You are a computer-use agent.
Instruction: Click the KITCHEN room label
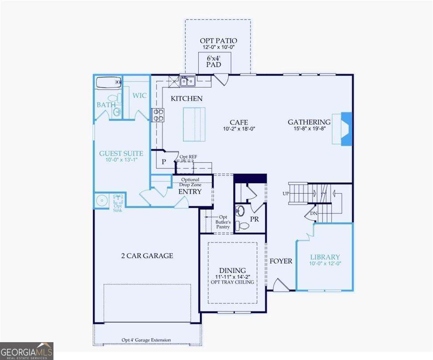(x=187, y=98)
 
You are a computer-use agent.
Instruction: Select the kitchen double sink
(x=187, y=81)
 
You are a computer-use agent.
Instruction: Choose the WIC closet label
(x=139, y=95)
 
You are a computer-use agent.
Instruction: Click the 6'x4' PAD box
(x=215, y=61)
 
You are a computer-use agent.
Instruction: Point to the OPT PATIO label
(x=218, y=41)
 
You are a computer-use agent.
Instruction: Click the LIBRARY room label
(x=325, y=257)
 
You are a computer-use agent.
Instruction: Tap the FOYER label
(x=281, y=261)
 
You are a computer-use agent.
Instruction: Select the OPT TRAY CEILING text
(x=232, y=282)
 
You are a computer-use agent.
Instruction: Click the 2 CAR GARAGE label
(x=147, y=256)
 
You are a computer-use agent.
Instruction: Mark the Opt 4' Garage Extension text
(x=146, y=340)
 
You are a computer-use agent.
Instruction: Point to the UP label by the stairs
(x=285, y=194)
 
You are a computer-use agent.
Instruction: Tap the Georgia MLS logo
(x=26, y=351)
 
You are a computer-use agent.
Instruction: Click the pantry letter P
(x=163, y=162)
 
